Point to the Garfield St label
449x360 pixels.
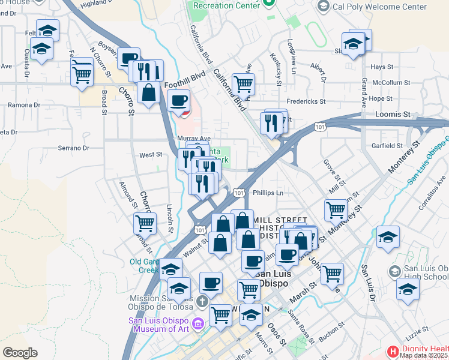tap(387, 146)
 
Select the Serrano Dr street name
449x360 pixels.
tap(73, 148)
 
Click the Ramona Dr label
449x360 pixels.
tap(24, 105)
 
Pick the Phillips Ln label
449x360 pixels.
tap(268, 193)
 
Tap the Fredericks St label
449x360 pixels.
tap(306, 102)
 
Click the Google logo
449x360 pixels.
tap(20, 353)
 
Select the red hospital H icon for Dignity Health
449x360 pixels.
tap(393, 350)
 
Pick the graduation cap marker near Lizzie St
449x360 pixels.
tap(408, 291)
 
